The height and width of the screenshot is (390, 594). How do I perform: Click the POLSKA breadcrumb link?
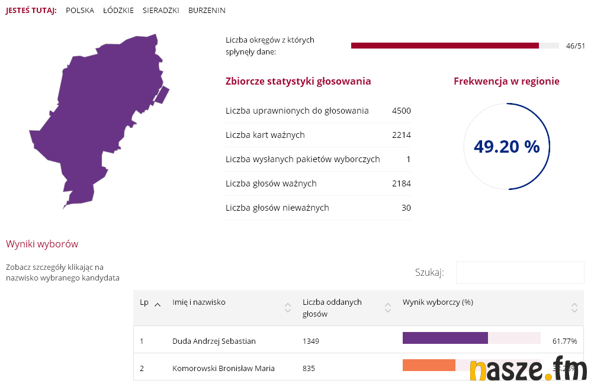80,11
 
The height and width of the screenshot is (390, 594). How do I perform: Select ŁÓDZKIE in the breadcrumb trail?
118,11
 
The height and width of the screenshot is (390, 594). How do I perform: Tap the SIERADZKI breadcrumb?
161,11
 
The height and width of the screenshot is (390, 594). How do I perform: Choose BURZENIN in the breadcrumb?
207,11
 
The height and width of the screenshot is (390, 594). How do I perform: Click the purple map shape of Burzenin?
95,118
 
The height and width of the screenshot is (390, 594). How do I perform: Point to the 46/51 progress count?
575,46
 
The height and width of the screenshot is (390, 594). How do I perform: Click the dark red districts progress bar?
445,46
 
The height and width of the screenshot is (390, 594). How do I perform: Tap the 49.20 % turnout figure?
506,147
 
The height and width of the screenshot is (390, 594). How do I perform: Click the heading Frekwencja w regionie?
506,81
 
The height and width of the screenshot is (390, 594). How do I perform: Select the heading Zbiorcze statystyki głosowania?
298,81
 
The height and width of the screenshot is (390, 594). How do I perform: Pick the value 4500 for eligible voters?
401,111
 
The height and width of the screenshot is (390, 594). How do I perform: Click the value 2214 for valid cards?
401,135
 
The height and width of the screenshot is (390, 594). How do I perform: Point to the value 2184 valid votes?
401,183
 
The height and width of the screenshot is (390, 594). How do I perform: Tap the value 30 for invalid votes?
406,208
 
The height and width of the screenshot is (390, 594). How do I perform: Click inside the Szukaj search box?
519,272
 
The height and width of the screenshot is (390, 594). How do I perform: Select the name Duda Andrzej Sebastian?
214,341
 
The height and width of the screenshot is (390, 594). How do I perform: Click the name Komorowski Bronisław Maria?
223,368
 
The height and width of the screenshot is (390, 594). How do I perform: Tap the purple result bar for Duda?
445,338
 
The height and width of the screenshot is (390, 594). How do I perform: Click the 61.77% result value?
564,341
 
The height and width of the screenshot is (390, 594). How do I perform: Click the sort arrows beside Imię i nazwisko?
288,308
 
